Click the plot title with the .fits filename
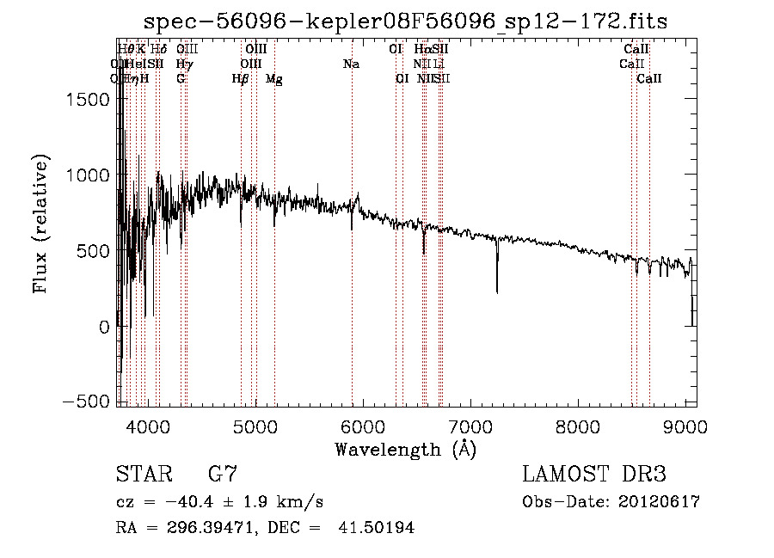click(x=407, y=20)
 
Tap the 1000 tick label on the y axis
click(x=89, y=175)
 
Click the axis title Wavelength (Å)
click(x=406, y=448)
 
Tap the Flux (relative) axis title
click(x=40, y=224)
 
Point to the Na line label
click(x=351, y=64)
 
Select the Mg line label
click(x=274, y=79)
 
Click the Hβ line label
click(x=241, y=79)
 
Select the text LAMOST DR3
click(x=594, y=475)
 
